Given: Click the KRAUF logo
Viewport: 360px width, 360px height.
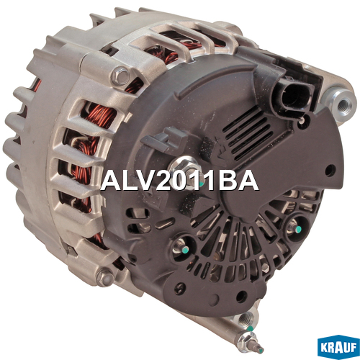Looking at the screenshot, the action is (338, 347).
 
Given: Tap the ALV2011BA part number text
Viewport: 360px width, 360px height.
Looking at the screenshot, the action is (179, 181).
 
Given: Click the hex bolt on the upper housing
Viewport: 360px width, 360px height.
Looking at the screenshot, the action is (121, 76).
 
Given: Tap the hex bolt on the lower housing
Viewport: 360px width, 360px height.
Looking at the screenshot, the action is (105, 277).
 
